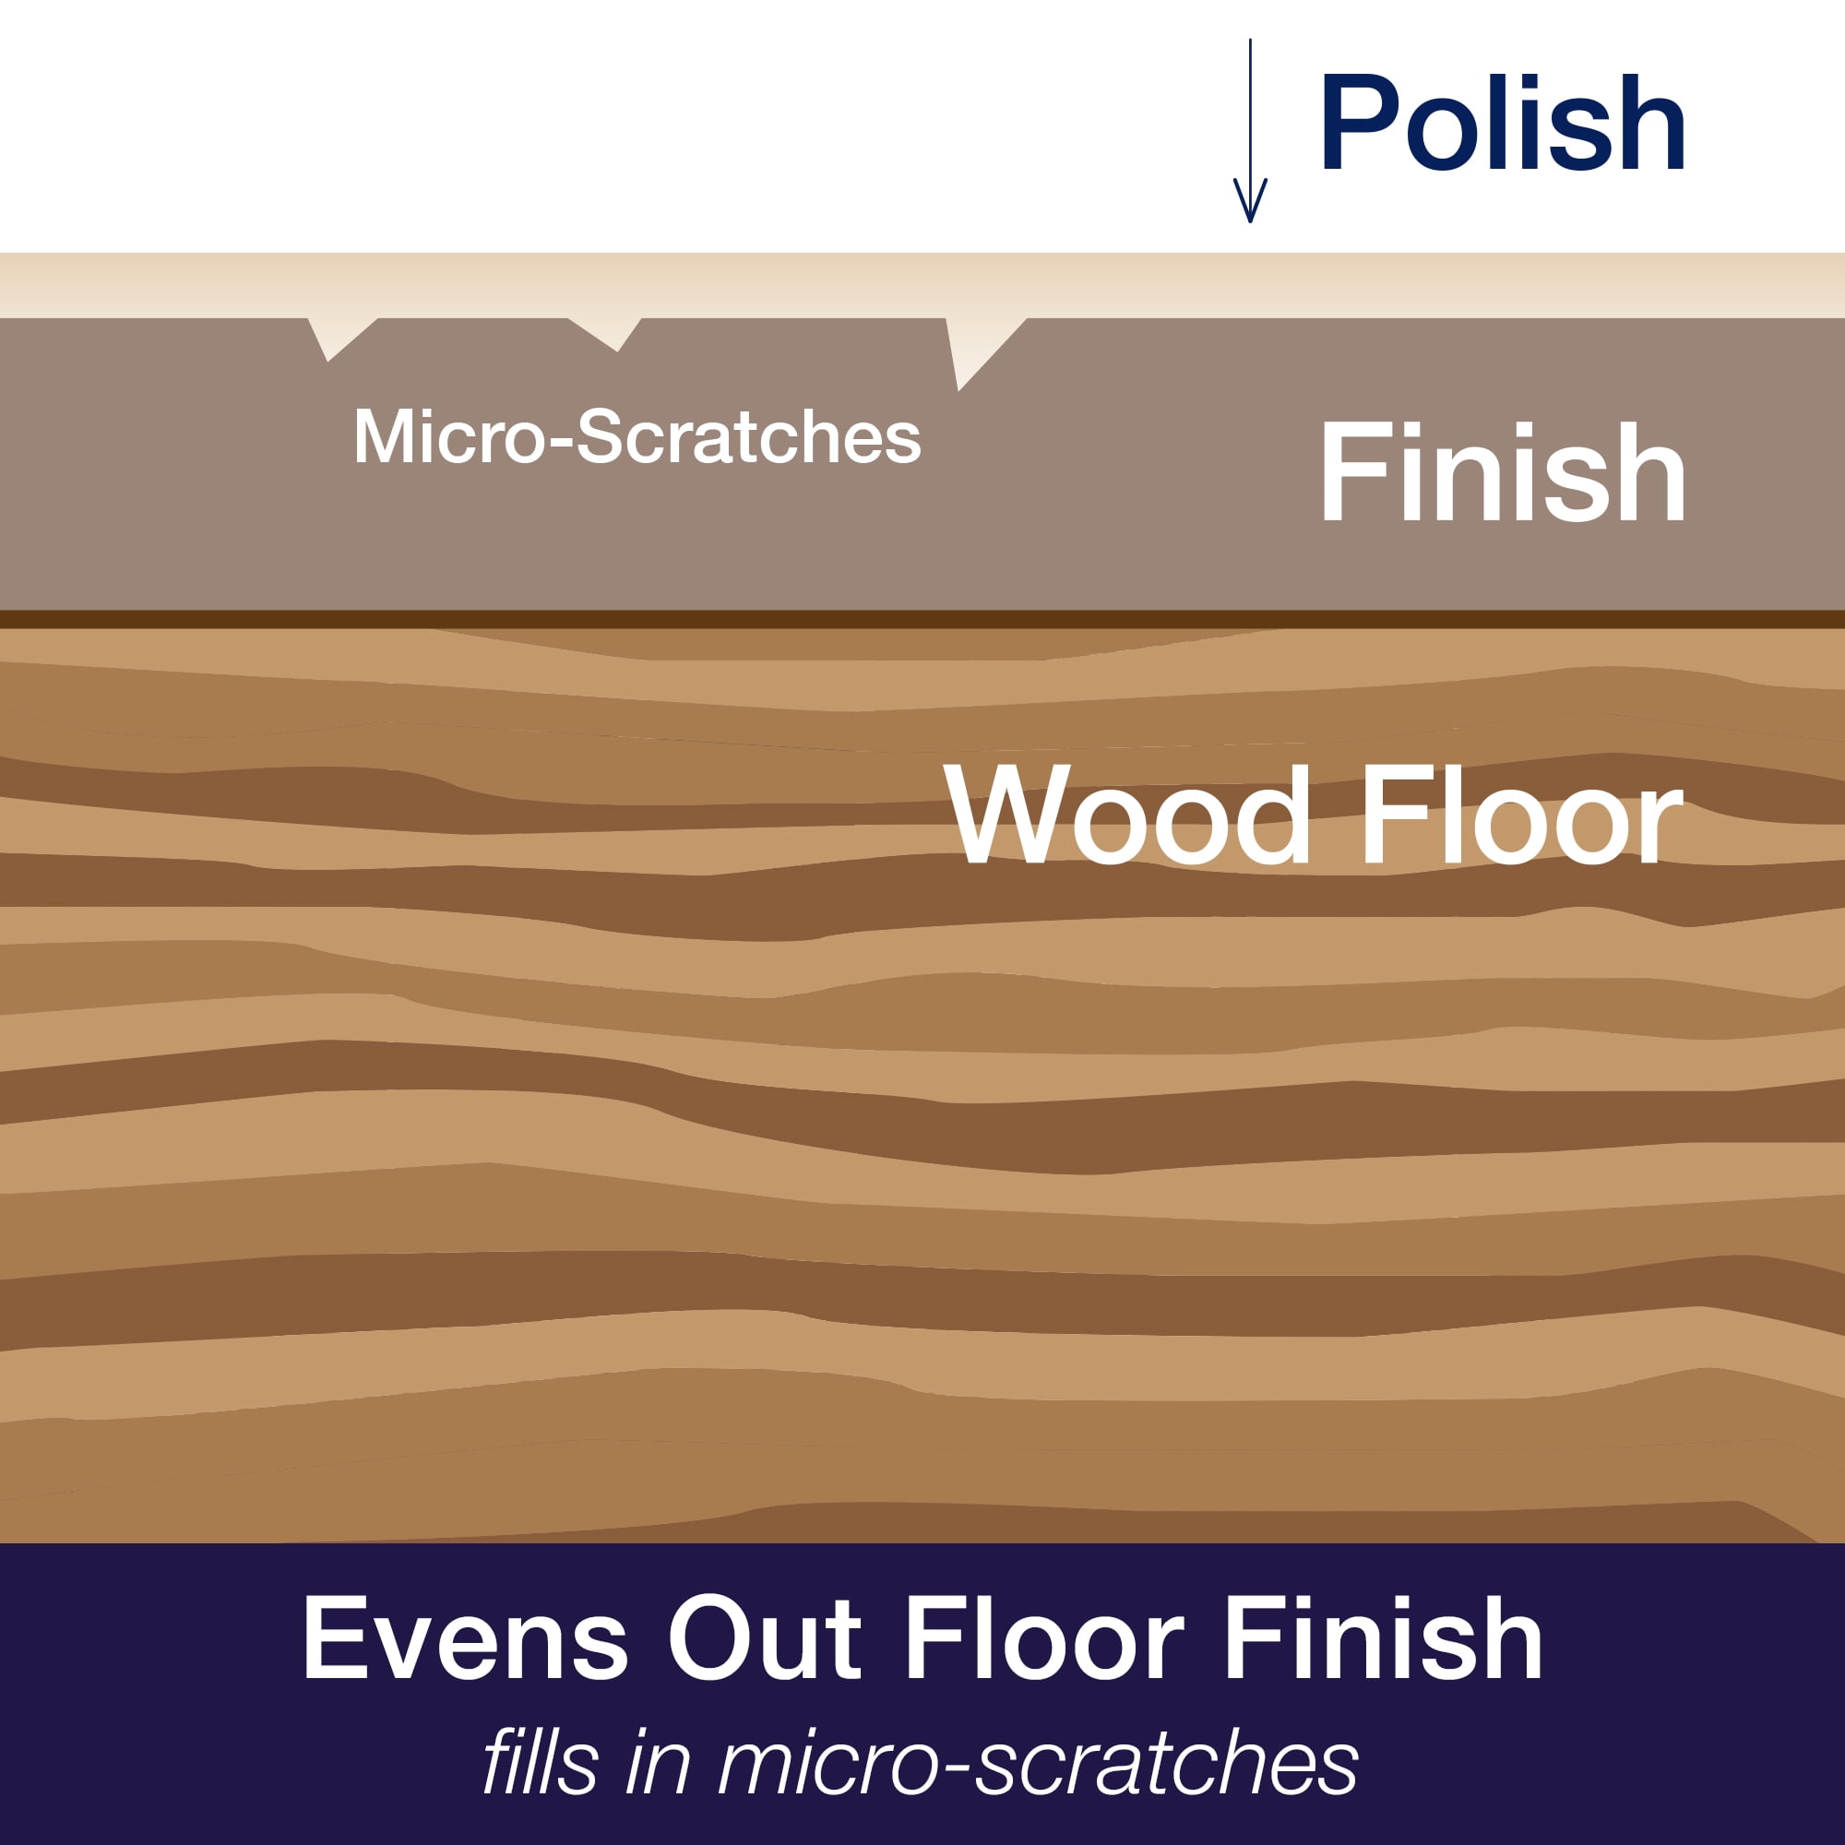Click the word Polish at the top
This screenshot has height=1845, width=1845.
click(x=1502, y=123)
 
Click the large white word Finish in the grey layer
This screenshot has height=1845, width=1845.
click(x=1502, y=471)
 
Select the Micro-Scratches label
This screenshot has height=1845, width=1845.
click(x=637, y=437)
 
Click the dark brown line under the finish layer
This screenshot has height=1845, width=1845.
click(x=922, y=619)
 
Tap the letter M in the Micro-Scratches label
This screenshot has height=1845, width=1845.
click(x=380, y=437)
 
